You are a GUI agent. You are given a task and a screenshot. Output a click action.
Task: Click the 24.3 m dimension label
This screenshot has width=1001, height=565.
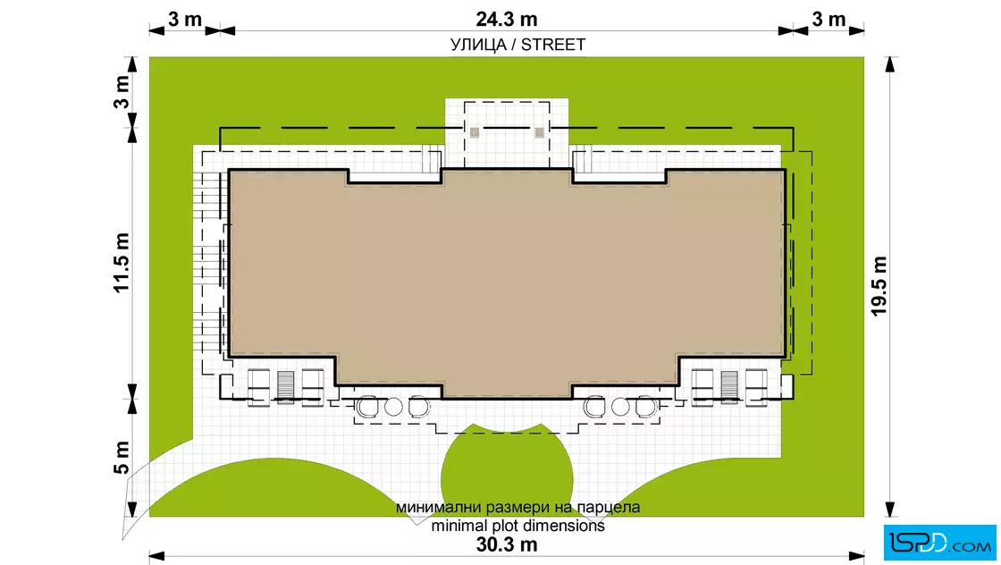tap(506, 19)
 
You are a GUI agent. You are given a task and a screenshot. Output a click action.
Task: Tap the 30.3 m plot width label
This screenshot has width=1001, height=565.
tap(506, 544)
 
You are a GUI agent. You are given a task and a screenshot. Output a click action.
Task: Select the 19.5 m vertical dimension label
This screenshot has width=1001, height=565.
tap(879, 286)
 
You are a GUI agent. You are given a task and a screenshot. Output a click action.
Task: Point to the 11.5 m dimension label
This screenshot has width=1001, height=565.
tap(122, 263)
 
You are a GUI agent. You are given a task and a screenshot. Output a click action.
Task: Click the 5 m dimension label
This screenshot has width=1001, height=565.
tap(122, 458)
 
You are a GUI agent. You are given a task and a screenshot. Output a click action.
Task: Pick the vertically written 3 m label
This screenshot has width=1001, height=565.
tap(122, 91)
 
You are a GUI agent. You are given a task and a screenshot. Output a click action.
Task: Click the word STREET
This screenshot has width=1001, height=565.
tap(553, 45)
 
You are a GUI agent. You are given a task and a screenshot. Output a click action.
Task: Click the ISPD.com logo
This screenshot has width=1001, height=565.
tap(939, 542)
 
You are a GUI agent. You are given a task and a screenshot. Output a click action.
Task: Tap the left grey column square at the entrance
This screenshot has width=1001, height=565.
tap(475, 133)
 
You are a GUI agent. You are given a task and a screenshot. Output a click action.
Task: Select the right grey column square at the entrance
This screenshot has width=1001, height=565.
tap(540, 133)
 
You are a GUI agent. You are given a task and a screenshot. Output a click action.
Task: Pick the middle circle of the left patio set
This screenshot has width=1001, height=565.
tap(393, 407)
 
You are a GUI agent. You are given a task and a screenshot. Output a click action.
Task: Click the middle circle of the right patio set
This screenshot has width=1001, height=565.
tap(620, 407)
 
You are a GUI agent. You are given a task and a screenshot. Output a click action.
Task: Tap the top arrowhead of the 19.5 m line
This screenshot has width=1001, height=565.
tap(890, 63)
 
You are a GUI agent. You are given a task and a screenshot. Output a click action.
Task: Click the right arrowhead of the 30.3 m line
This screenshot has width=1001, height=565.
tap(857, 556)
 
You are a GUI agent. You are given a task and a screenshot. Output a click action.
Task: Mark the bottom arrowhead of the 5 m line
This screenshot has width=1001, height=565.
tap(132, 509)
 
